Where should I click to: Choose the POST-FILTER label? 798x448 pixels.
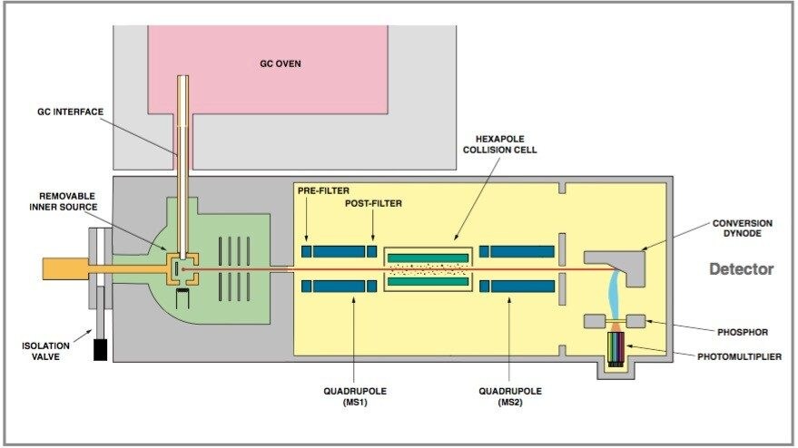(x=373, y=204)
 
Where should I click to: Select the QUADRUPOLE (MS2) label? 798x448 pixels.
(x=510, y=396)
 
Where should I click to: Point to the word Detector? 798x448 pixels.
(x=741, y=269)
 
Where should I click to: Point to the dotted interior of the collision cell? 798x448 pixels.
(x=429, y=269)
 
